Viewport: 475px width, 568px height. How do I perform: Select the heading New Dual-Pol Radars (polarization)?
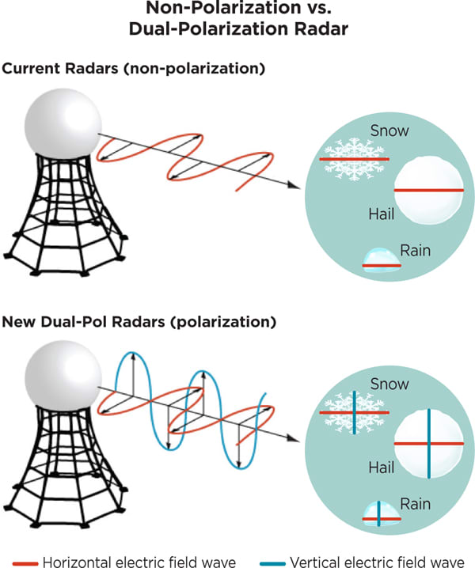[x=139, y=323]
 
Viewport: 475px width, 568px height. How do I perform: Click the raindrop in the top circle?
[x=379, y=262]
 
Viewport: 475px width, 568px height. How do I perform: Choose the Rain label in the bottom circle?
[x=415, y=502]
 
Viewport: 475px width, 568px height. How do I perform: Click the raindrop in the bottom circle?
[x=379, y=515]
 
